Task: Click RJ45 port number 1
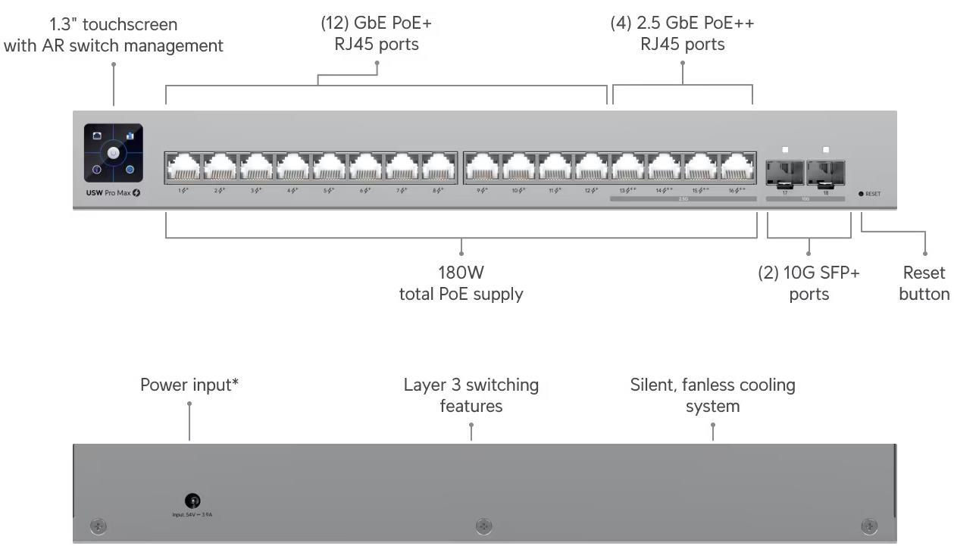click(x=183, y=167)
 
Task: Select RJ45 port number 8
click(x=439, y=167)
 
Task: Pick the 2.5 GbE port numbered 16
click(x=737, y=167)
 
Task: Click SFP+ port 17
click(x=784, y=172)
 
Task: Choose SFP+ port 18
click(x=825, y=172)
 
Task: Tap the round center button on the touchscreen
click(x=113, y=154)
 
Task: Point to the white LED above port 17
click(x=785, y=150)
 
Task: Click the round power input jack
click(x=192, y=501)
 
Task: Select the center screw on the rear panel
click(x=483, y=526)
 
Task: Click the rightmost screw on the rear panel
click(x=870, y=526)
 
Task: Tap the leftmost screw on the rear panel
click(x=98, y=526)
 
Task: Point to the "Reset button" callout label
click(x=924, y=283)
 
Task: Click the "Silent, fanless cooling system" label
click(x=712, y=395)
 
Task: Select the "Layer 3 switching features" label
click(x=471, y=395)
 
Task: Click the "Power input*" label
click(x=189, y=385)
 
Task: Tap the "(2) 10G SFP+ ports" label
click(x=809, y=283)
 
